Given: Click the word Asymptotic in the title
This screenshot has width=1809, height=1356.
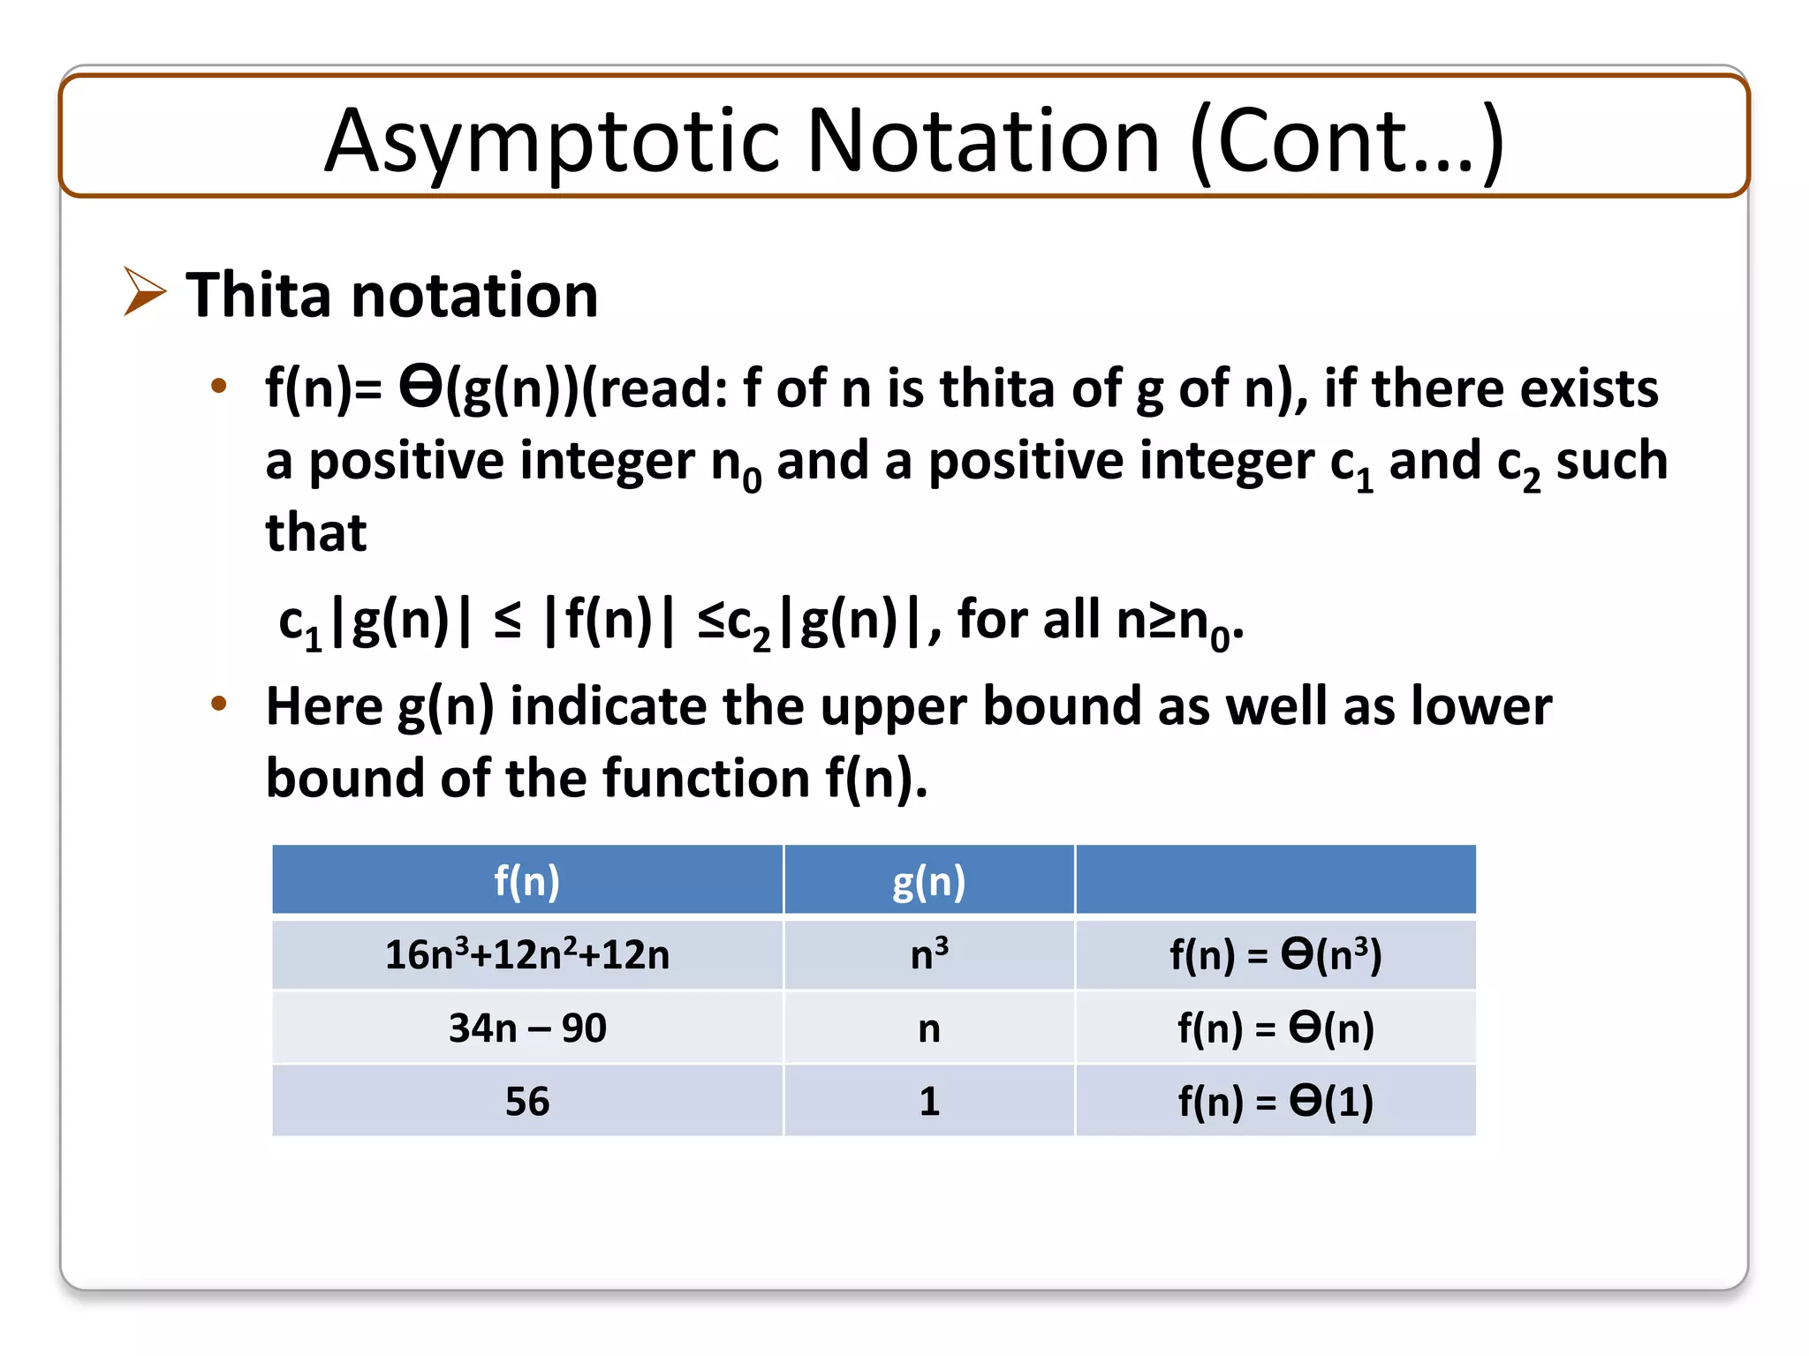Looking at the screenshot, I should click(551, 141).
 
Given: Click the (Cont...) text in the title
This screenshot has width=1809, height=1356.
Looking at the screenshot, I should click(1346, 141).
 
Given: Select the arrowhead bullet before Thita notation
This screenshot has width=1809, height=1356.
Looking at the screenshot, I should click(144, 291).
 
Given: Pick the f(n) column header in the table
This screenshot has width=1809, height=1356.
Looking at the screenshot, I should click(526, 881).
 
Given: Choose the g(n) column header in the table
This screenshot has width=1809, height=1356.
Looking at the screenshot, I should click(928, 881).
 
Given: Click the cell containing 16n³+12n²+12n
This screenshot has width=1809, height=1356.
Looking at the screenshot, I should click(526, 955).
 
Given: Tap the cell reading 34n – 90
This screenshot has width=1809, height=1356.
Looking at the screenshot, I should click(526, 1028).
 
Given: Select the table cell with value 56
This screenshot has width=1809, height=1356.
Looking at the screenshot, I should click(526, 1102).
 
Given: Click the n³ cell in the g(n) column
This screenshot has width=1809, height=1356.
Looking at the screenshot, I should click(928, 955).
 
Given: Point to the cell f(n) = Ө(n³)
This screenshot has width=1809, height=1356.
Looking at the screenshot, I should click(1275, 955).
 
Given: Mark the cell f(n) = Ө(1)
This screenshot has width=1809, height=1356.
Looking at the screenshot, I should click(1275, 1102).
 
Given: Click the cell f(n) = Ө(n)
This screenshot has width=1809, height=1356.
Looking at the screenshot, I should click(1275, 1028).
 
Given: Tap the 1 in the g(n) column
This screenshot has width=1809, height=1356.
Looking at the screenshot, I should click(928, 1102).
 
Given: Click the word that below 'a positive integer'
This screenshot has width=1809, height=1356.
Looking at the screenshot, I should click(315, 532).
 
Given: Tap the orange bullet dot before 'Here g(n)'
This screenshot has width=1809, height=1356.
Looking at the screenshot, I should click(219, 704).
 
